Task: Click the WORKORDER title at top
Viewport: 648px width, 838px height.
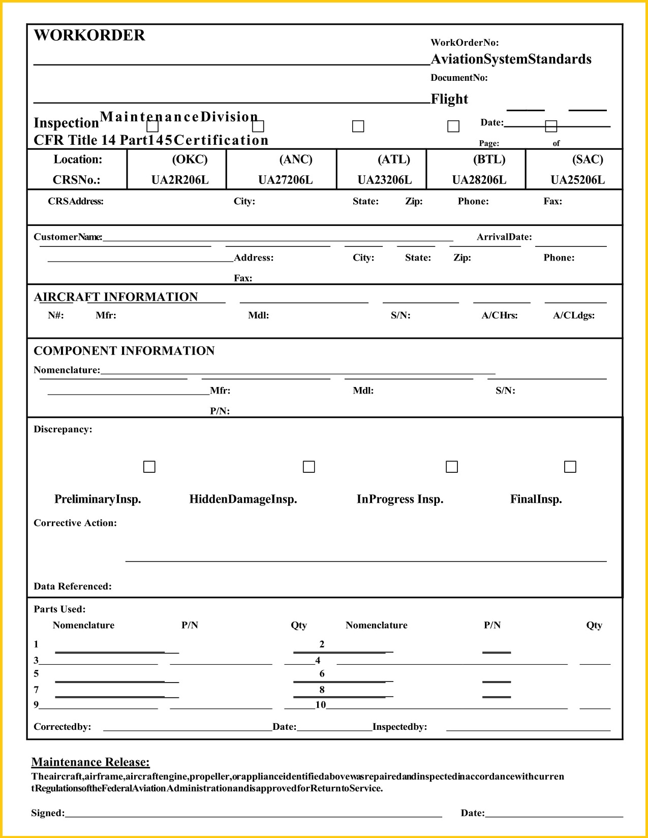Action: pyautogui.click(x=89, y=35)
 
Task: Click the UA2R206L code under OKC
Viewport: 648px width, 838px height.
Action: pyautogui.click(x=180, y=180)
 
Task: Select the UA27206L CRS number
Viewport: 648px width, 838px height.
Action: pyautogui.click(x=285, y=180)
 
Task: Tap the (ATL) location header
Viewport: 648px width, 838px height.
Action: pyautogui.click(x=393, y=159)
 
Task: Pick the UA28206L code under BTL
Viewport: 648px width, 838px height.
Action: pyautogui.click(x=479, y=180)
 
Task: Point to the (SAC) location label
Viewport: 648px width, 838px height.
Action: pyautogui.click(x=588, y=159)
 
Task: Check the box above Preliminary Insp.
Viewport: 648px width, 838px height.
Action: pyautogui.click(x=149, y=466)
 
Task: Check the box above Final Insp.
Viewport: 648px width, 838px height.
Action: pyautogui.click(x=570, y=466)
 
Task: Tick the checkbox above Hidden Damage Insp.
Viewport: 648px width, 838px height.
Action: pyautogui.click(x=308, y=466)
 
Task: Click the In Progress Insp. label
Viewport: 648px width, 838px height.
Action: pyautogui.click(x=400, y=499)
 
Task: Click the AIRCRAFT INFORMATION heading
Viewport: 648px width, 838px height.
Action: pyautogui.click(x=116, y=297)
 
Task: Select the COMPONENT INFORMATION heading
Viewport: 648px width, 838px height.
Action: pyautogui.click(x=124, y=351)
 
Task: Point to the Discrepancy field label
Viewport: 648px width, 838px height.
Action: pyautogui.click(x=63, y=429)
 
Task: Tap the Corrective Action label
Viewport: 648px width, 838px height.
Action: pyautogui.click(x=75, y=523)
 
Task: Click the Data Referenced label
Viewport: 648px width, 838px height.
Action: pyautogui.click(x=73, y=586)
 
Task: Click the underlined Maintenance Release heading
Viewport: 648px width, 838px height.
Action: pyautogui.click(x=90, y=762)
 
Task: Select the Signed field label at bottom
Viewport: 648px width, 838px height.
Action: pyautogui.click(x=48, y=813)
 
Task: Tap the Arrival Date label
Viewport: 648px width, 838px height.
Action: pyautogui.click(x=504, y=237)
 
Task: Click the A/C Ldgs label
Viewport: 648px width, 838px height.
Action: pyautogui.click(x=574, y=315)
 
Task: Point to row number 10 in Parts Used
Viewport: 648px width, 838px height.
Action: pyautogui.click(x=320, y=704)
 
